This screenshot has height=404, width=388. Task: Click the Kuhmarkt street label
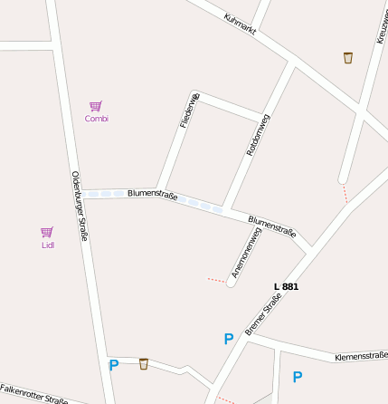[241, 24]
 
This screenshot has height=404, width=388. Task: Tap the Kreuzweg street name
[379, 24]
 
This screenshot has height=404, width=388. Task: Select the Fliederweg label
[188, 111]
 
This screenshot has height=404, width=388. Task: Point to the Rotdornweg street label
[259, 134]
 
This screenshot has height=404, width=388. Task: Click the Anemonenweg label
[246, 253]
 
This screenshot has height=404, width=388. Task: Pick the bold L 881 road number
[286, 286]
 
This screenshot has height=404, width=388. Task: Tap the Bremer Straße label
[264, 313]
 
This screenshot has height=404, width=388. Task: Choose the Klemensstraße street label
[361, 356]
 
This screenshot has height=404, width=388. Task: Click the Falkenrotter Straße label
[34, 394]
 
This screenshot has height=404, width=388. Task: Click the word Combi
[97, 119]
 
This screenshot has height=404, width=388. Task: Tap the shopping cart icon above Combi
[96, 106]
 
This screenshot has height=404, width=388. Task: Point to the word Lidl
[48, 245]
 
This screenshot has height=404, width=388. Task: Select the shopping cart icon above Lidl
[47, 232]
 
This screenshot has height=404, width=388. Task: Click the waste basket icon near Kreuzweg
[348, 58]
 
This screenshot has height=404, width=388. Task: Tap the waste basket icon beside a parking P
[144, 364]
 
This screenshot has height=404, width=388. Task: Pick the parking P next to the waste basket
[114, 366]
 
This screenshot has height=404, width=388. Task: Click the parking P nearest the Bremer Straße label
[229, 339]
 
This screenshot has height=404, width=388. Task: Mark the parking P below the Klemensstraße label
[297, 377]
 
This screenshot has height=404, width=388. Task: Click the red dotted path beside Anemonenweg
[216, 280]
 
